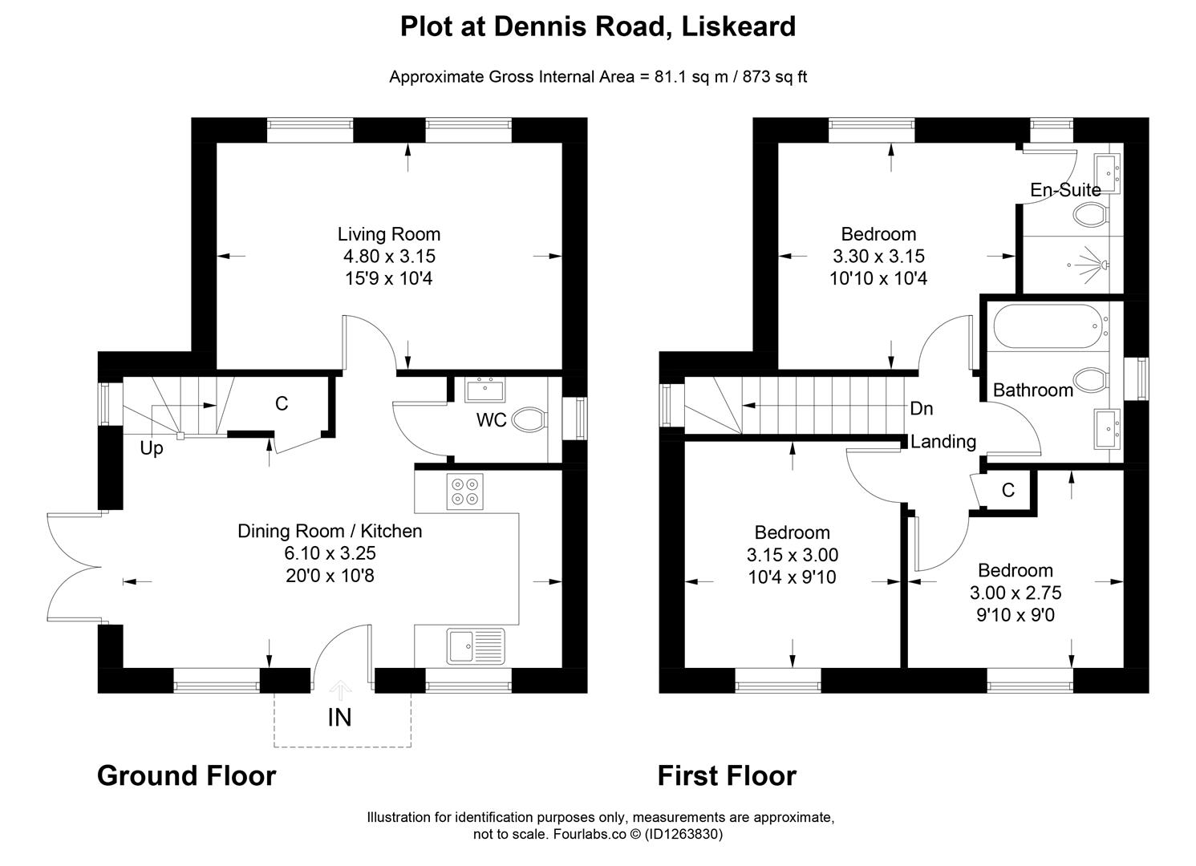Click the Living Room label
(x=388, y=234)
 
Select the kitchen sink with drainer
(x=476, y=645)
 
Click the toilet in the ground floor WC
(x=529, y=419)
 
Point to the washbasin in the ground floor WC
(x=484, y=391)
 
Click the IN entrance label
(x=339, y=717)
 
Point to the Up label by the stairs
(x=151, y=448)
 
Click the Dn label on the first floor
(x=922, y=409)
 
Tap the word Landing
(x=943, y=441)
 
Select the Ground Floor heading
(x=186, y=775)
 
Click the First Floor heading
(x=727, y=775)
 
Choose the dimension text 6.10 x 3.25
(x=330, y=553)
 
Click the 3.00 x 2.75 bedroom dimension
(x=1016, y=593)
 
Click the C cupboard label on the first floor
(x=1008, y=490)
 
